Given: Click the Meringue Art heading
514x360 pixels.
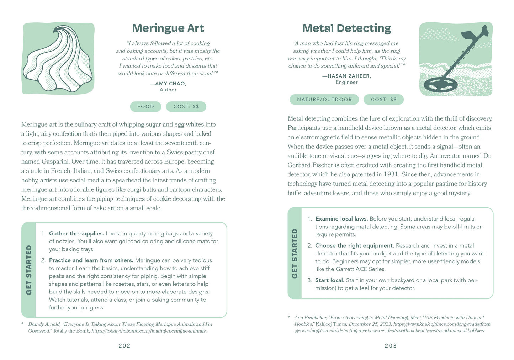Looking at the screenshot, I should click(x=168, y=28).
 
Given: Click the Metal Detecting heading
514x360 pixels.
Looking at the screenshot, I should click(x=346, y=28).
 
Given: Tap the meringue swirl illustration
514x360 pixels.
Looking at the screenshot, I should click(x=58, y=59).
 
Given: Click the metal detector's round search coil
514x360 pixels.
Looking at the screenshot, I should click(x=440, y=85).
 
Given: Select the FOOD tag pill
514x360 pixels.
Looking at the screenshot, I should click(x=145, y=106).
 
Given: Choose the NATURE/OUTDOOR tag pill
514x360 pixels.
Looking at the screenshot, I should click(x=324, y=100).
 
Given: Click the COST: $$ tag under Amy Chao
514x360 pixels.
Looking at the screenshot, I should click(x=186, y=106).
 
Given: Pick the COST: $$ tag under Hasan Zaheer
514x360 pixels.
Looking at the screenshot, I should click(x=383, y=100).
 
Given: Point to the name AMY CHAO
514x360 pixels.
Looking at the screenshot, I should click(x=170, y=84).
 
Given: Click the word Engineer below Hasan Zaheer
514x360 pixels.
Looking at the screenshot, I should click(x=346, y=82).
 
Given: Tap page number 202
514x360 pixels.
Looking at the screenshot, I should click(x=124, y=345).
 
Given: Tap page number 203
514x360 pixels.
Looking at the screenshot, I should click(x=391, y=345).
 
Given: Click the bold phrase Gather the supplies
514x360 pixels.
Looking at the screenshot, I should click(x=76, y=233).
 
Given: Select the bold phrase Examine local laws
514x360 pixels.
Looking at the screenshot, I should click(x=341, y=219).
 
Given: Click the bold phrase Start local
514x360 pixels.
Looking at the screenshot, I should click(x=330, y=280).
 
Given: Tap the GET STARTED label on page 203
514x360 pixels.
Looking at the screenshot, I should click(x=295, y=253).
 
